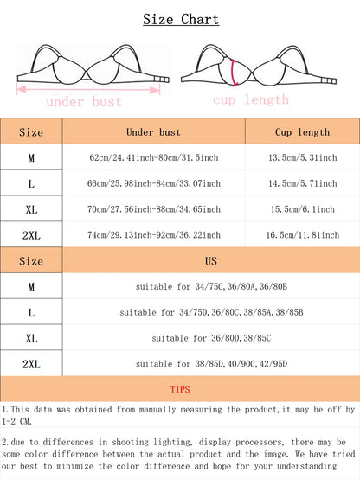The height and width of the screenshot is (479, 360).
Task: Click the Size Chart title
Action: (x=180, y=19)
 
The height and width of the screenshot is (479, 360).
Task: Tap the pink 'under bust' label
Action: (x=83, y=102)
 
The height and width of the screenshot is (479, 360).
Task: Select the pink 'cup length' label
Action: (x=251, y=99)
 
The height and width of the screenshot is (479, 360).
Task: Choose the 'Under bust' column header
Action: (x=153, y=132)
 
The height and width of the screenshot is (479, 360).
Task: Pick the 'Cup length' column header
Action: (x=302, y=132)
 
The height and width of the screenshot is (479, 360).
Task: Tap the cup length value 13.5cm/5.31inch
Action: (x=302, y=158)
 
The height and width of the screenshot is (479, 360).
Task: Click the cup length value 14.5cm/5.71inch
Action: (x=302, y=184)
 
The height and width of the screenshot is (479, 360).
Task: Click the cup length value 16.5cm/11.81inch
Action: (x=302, y=235)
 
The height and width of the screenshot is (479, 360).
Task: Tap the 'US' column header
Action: (x=211, y=260)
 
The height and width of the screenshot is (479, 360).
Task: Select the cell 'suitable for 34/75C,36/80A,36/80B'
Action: (x=211, y=286)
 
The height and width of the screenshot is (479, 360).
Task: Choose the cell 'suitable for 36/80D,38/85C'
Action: (x=211, y=338)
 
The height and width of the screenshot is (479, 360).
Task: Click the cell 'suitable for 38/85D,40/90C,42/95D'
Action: (x=211, y=364)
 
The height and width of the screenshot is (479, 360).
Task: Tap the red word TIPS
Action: (x=180, y=390)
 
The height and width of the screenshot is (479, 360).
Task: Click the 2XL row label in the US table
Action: (x=30, y=364)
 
